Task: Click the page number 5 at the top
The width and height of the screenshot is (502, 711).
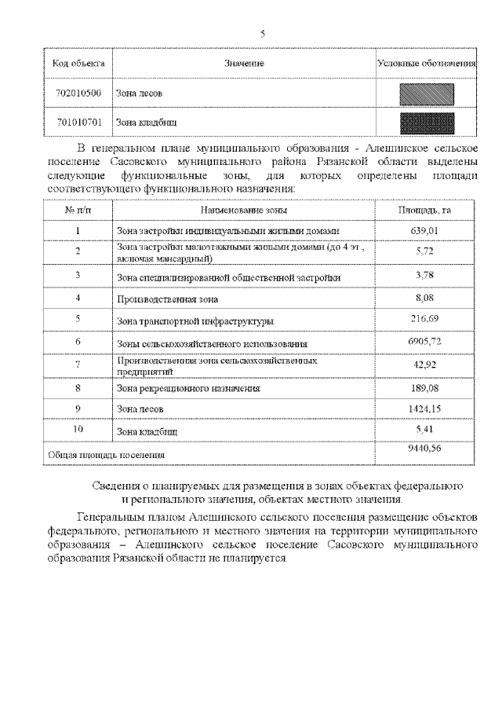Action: [262, 33]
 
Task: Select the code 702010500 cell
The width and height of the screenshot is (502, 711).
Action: [78, 93]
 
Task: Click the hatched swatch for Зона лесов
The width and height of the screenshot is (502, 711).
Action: [427, 93]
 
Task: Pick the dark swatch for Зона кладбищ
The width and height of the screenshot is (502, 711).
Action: [427, 123]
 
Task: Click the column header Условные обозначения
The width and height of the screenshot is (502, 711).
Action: [427, 63]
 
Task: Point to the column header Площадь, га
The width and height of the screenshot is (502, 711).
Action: [424, 211]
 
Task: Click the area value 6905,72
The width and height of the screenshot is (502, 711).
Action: [424, 343]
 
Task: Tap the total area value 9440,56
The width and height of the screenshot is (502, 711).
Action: [424, 447]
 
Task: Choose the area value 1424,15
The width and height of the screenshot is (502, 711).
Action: [424, 409]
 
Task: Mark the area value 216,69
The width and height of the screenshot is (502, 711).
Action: [424, 320]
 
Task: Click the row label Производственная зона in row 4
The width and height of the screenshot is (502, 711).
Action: [167, 299]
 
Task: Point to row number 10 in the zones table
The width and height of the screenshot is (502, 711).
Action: [78, 431]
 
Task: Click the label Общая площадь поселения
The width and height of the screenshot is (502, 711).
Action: [106, 455]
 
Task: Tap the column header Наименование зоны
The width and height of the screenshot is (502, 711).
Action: [244, 211]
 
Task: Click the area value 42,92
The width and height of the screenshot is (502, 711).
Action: [424, 365]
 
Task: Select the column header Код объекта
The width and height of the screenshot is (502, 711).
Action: [78, 63]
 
